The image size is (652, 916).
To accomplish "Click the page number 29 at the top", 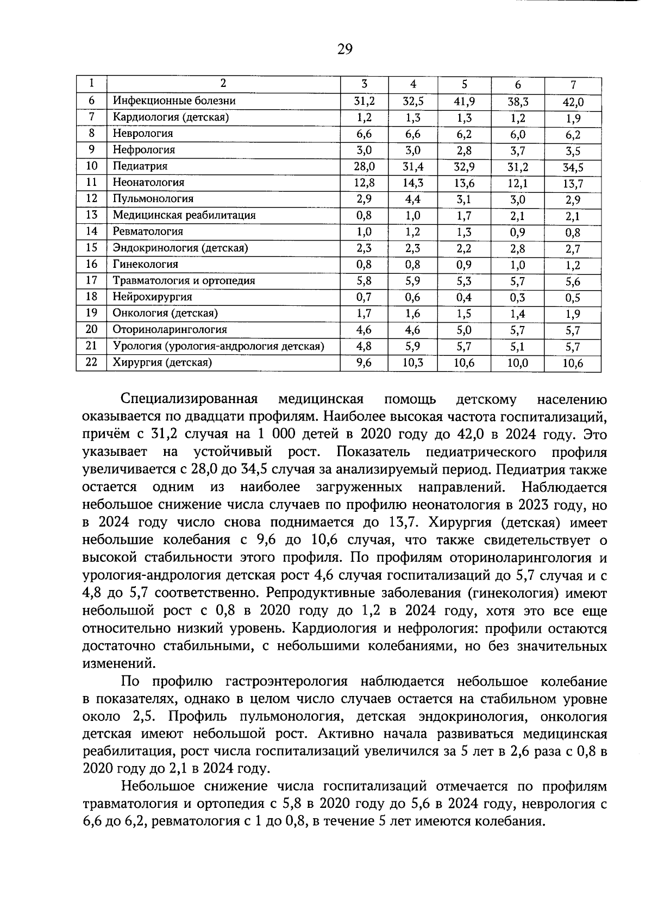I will tap(344, 49).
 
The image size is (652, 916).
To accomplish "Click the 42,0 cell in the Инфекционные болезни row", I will tap(573, 102).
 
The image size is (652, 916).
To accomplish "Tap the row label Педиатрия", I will tap(140, 166).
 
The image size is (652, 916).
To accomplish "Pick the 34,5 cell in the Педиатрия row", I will tap(573, 168).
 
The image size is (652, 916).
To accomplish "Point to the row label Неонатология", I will tap(148, 183).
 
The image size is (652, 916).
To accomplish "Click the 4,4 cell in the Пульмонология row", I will tap(412, 199).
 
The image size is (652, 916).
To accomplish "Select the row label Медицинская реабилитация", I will tap(184, 215).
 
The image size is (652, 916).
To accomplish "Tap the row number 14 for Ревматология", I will tap(91, 231).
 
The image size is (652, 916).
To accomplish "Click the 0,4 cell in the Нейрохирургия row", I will tap(463, 298).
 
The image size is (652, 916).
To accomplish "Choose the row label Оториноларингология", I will tap(170, 330).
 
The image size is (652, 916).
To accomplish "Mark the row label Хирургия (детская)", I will tap(161, 362).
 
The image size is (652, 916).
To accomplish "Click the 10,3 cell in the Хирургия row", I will tap(412, 363).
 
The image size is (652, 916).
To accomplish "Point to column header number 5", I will tap(464, 84).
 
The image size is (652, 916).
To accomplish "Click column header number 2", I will tap(223, 83).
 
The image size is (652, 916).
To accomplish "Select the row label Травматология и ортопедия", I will tap(184, 281).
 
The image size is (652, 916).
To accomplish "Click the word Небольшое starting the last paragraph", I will tap(158, 787).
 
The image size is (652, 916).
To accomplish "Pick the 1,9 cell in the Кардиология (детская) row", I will tap(573, 118).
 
